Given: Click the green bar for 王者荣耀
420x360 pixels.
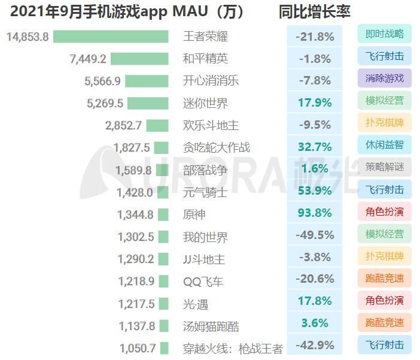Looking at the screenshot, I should click(x=111, y=37).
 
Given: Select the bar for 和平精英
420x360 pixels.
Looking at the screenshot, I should click(x=139, y=59).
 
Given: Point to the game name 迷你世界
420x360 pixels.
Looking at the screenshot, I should click(x=205, y=103).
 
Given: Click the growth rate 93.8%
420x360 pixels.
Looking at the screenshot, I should click(x=315, y=214).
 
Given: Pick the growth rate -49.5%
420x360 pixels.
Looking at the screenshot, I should click(x=315, y=236).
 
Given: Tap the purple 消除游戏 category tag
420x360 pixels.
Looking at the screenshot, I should click(x=384, y=78).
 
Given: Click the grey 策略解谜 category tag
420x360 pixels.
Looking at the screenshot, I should click(x=384, y=167).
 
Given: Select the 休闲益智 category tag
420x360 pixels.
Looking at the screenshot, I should click(x=384, y=144).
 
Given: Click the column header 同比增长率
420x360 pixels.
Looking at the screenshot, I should click(x=314, y=11).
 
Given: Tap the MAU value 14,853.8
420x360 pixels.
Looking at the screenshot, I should click(x=28, y=37).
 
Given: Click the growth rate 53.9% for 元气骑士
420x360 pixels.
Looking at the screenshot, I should click(x=315, y=192).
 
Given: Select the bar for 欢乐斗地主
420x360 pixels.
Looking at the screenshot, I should click(x=157, y=125).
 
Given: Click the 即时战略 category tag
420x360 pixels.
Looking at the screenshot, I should click(x=384, y=34).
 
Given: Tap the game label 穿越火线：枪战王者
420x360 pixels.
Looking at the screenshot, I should click(x=233, y=348).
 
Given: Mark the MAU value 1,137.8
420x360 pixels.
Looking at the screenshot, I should click(x=136, y=326).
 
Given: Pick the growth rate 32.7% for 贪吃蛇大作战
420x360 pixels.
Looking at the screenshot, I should click(x=315, y=147).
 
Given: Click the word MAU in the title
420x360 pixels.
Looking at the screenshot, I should click(x=191, y=11).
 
